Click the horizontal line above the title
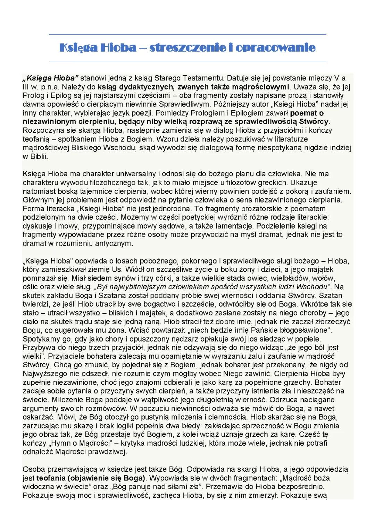(187, 34)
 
